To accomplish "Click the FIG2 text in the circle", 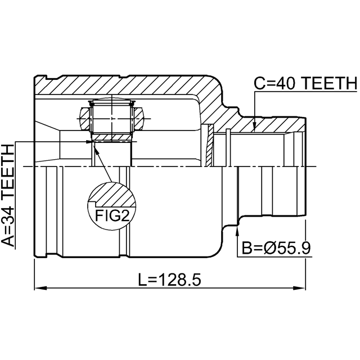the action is [x=112, y=215].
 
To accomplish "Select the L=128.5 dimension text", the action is [x=169, y=280].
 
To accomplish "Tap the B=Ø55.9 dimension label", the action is [x=276, y=248].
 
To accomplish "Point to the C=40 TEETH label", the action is [x=305, y=83].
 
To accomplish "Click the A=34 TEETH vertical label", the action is [x=8, y=196].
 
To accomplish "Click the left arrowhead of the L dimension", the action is [x=40, y=288].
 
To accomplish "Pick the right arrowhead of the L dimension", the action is [x=299, y=288].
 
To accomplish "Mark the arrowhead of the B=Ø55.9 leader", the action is [x=237, y=231].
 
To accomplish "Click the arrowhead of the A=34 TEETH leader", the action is [x=89, y=142].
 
